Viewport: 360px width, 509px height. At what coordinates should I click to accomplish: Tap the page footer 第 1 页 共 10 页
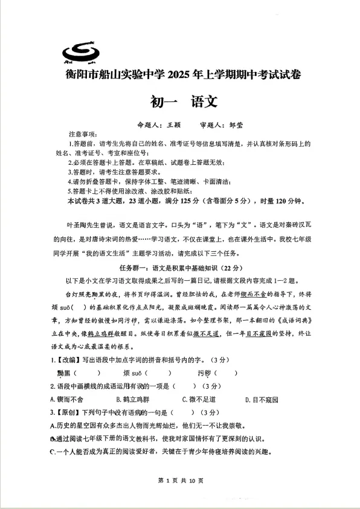coord(180,480)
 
